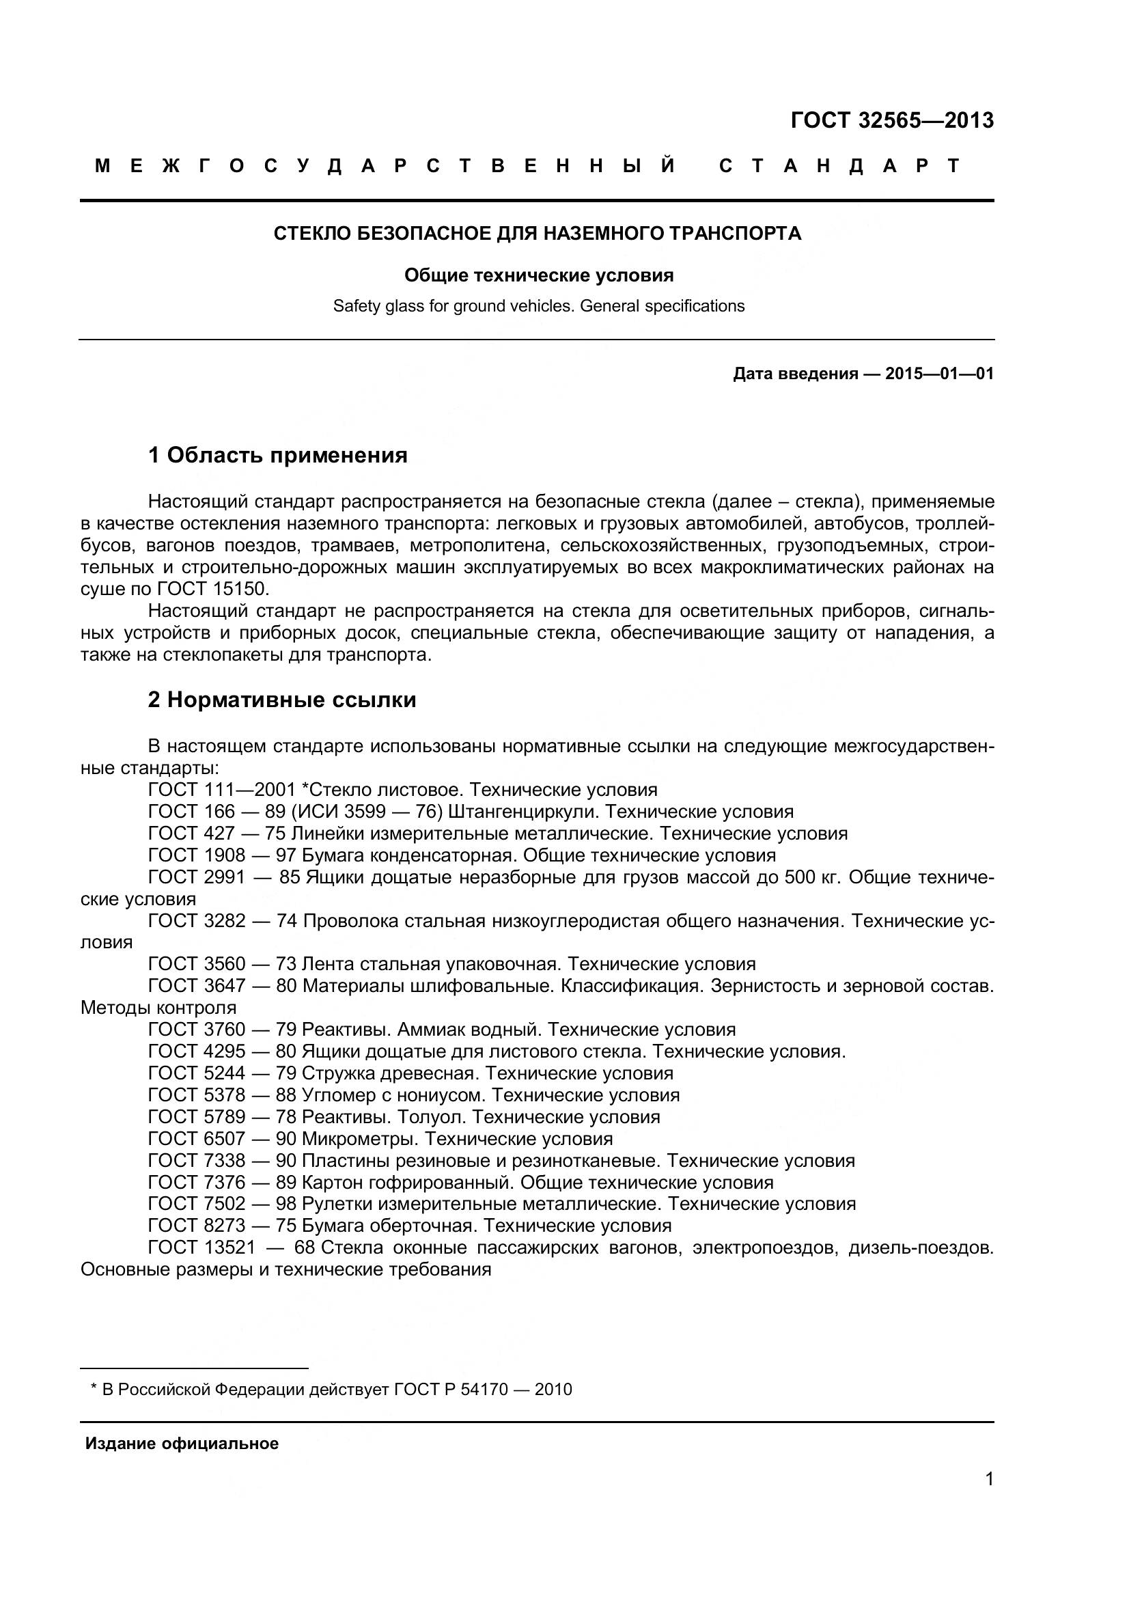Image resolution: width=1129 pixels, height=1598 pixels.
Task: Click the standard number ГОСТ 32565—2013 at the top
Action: (x=892, y=121)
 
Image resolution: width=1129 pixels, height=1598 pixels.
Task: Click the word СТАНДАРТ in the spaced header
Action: (x=839, y=165)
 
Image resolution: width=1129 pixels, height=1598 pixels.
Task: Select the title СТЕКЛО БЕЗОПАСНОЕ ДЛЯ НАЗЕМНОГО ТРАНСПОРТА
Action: (x=537, y=233)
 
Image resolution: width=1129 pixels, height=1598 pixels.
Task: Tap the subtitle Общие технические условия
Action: (x=538, y=275)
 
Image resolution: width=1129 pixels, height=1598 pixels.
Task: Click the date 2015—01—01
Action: (x=939, y=374)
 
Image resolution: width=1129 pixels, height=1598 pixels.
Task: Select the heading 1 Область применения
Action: (x=277, y=455)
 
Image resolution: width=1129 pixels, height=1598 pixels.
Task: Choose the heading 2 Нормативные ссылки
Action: (x=281, y=700)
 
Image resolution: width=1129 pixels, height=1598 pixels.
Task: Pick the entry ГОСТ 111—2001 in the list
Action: (x=222, y=790)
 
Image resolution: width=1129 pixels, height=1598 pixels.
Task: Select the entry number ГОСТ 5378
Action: (x=197, y=1094)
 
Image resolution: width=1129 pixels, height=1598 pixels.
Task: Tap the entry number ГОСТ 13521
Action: (x=201, y=1248)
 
